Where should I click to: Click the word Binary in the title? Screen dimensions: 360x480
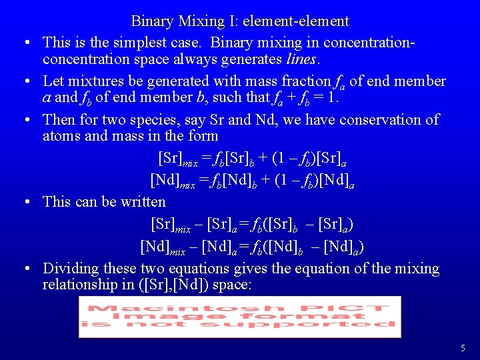pyautogui.click(x=152, y=21)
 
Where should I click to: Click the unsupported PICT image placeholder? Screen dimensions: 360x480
pyautogui.click(x=240, y=316)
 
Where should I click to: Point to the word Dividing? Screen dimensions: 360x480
pyautogui.click(x=69, y=269)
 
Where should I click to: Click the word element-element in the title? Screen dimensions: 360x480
pyautogui.click(x=295, y=21)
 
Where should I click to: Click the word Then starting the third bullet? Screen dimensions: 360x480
pyautogui.click(x=59, y=120)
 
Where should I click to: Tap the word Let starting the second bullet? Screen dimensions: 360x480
pyautogui.click(x=53, y=81)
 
